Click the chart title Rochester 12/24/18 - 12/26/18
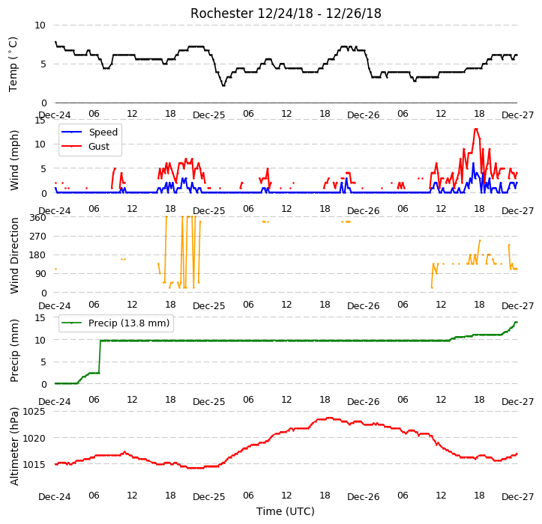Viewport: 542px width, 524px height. click(x=286, y=13)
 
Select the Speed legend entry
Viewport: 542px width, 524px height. click(x=89, y=132)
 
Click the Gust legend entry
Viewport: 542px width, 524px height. click(x=85, y=147)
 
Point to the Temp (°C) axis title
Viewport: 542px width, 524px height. click(x=13, y=64)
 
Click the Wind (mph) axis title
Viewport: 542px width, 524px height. click(x=14, y=160)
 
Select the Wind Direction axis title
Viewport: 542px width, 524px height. click(x=14, y=255)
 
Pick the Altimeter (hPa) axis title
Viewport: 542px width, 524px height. click(x=14, y=446)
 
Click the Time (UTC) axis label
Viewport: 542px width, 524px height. click(x=286, y=511)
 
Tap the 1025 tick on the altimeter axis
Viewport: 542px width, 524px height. click(x=34, y=412)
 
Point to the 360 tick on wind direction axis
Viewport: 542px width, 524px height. click(x=37, y=218)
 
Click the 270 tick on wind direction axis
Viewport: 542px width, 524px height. click(x=37, y=237)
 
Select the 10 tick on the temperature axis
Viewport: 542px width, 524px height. click(x=40, y=25)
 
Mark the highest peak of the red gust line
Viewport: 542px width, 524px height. click(x=476, y=129)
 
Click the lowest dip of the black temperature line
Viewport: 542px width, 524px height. click(x=223, y=85)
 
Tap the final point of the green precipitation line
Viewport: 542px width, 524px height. click(x=517, y=322)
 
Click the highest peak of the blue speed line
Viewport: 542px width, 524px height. click(x=473, y=163)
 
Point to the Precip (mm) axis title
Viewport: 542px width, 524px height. click(x=14, y=351)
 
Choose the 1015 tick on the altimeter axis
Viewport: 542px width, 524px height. click(x=34, y=465)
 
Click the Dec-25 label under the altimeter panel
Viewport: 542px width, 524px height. click(x=209, y=497)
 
